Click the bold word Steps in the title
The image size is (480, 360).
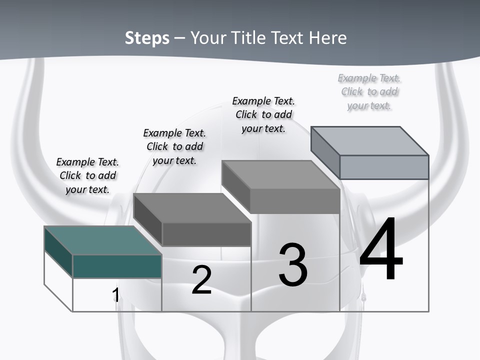tap(147, 38)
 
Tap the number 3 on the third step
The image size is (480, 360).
tap(293, 265)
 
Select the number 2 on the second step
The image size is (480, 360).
tap(202, 280)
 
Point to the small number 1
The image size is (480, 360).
tap(115, 295)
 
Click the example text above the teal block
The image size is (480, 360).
tap(87, 175)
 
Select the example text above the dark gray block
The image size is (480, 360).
tap(174, 146)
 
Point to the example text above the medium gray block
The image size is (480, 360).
tap(263, 114)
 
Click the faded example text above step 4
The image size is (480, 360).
tap(369, 91)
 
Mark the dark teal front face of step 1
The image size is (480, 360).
tap(117, 266)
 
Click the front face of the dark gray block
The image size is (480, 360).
tap(206, 234)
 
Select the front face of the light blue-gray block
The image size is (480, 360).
tap(384, 167)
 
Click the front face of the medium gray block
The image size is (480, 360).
tap(295, 201)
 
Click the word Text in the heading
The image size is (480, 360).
tap(288, 38)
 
